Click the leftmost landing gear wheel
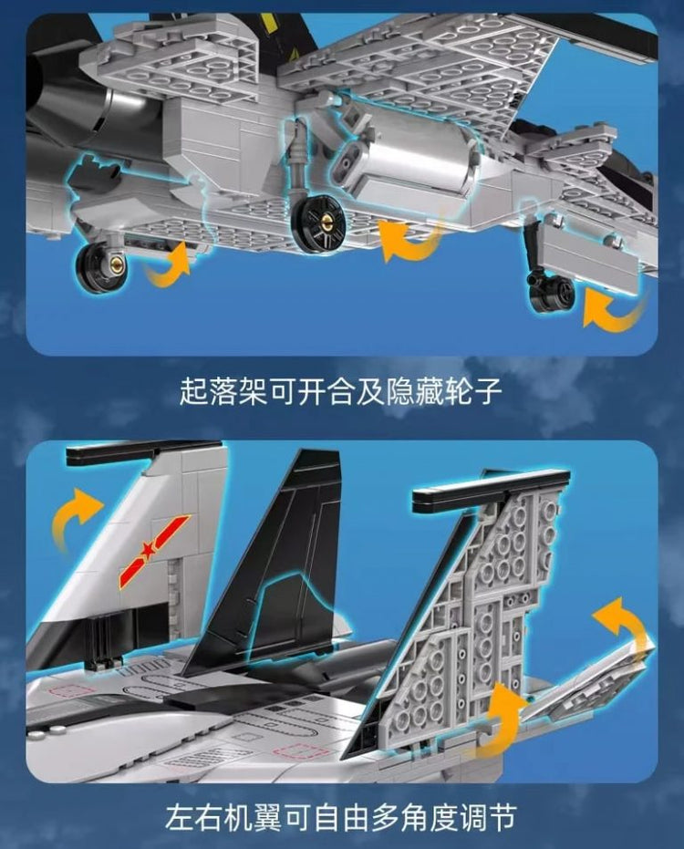[x=101, y=267]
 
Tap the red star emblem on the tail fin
[x=154, y=552]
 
